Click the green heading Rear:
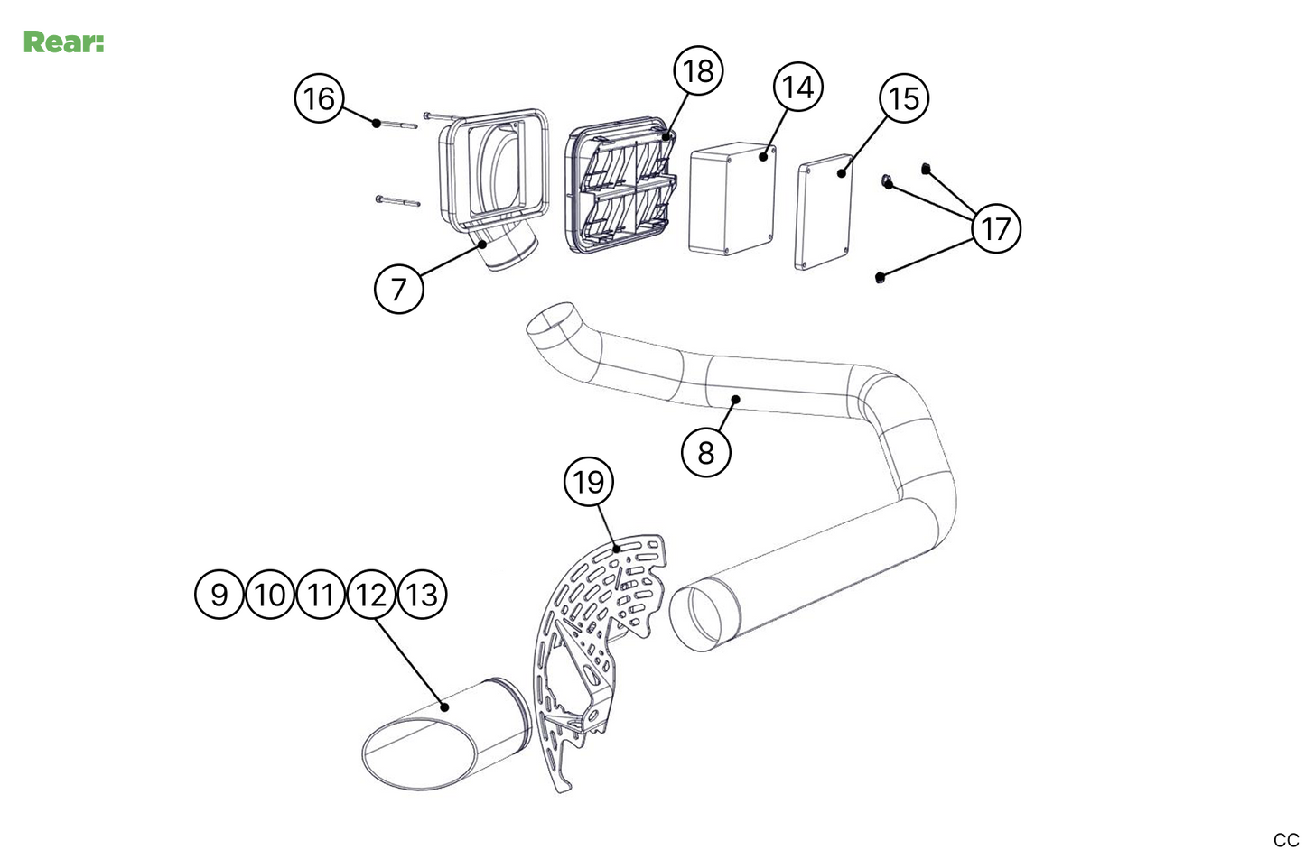[x=63, y=42]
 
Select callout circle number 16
[x=319, y=97]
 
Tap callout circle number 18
[x=699, y=69]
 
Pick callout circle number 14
[x=797, y=88]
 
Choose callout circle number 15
[x=904, y=97]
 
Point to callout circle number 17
[x=995, y=228]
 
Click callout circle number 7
[x=398, y=289]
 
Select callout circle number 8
[x=705, y=450]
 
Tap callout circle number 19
[x=589, y=482]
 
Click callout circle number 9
[x=219, y=595]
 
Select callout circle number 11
[x=321, y=595]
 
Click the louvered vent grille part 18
[x=623, y=189]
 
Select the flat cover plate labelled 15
[x=825, y=215]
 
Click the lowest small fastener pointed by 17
[x=879, y=277]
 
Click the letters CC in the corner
[x=1286, y=840]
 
